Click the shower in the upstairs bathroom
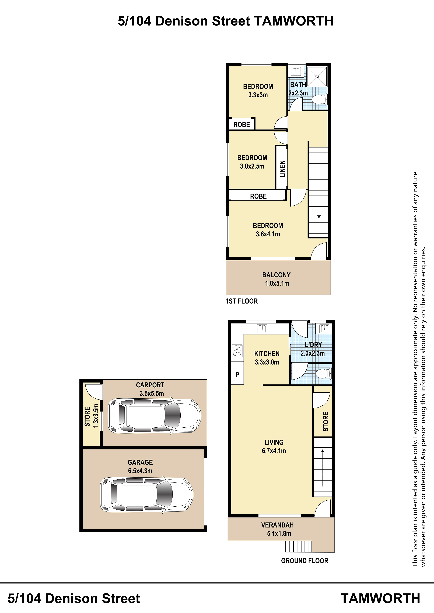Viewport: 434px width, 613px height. tap(317, 77)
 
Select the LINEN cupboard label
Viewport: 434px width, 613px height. tap(282, 169)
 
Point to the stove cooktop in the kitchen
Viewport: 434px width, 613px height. tap(237, 350)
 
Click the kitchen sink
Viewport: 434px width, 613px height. tap(262, 329)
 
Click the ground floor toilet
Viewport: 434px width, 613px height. tap(324, 373)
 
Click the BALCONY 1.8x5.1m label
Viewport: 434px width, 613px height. tap(276, 279)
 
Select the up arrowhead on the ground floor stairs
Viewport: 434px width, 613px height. tap(323, 451)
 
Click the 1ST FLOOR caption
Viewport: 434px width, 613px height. tap(242, 301)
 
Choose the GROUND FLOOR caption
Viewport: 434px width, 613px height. tap(304, 561)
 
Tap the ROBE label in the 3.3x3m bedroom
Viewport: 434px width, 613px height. tap(241, 124)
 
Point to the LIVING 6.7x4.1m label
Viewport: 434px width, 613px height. tap(274, 446)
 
